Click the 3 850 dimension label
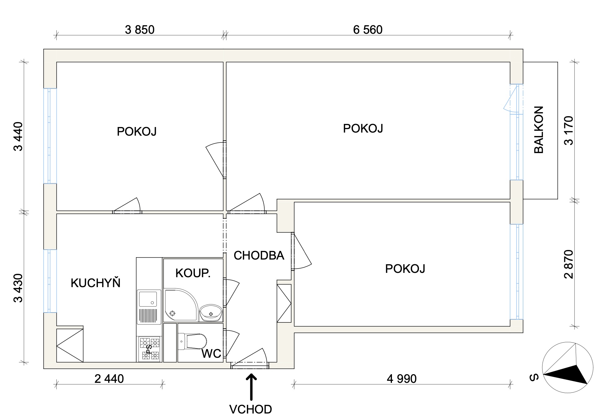[x=139, y=30]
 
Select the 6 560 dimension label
[x=368, y=30]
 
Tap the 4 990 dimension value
[x=402, y=379]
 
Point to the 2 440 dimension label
[x=109, y=379]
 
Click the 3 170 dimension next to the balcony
[x=569, y=130]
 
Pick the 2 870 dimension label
[x=569, y=264]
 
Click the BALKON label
[x=539, y=130]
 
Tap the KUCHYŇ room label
[x=95, y=282]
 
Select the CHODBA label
[x=259, y=256]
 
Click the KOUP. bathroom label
[x=193, y=273]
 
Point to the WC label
[x=211, y=354]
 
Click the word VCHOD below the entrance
[x=250, y=409]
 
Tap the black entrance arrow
[x=251, y=387]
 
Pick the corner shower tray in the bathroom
[x=181, y=305]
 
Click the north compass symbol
[x=568, y=368]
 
